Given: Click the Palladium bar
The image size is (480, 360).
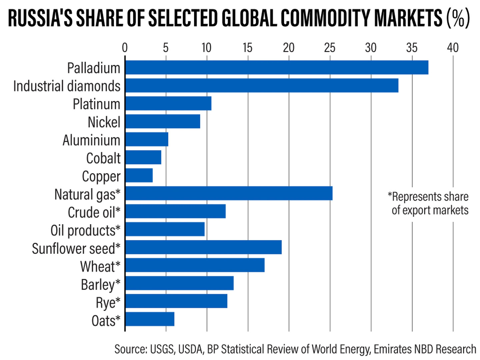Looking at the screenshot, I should [x=277, y=68].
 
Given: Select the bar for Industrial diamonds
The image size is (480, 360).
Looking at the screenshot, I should [x=262, y=86].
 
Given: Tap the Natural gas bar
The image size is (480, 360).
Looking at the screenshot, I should [x=229, y=193].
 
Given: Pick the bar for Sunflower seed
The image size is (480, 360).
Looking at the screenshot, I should [x=203, y=247].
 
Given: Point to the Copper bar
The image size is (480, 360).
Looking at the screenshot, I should [x=139, y=176].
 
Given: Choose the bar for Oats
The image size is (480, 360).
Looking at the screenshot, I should [x=150, y=319].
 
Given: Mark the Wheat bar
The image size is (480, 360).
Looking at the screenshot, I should [x=195, y=265].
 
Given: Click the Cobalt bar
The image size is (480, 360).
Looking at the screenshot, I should [x=143, y=158].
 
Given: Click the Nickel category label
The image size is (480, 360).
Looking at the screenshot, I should [x=104, y=122].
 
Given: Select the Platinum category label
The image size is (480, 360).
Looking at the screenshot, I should [x=96, y=104].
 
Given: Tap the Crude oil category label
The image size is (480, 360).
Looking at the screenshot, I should [x=94, y=212].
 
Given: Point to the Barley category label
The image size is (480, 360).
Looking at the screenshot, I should [x=100, y=285].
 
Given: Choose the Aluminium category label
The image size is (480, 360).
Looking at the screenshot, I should [x=91, y=140].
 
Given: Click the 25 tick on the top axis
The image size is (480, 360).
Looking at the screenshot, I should [x=330, y=48].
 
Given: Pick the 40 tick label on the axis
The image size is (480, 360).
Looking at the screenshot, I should [x=453, y=48].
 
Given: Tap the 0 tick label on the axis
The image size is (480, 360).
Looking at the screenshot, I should [x=125, y=48].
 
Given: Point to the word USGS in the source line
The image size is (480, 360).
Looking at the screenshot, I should [x=162, y=349].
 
